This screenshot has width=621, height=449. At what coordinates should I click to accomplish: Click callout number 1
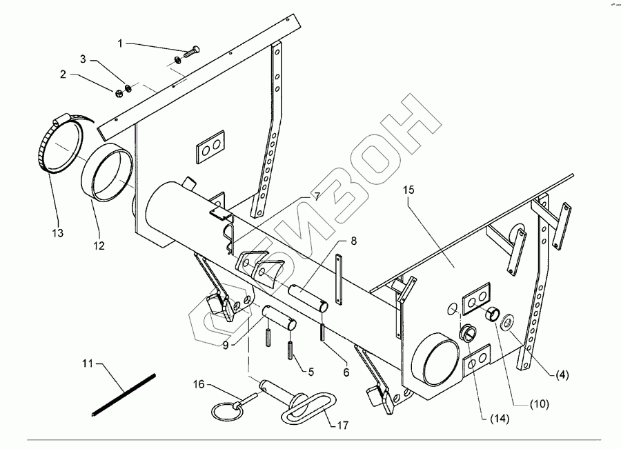[120, 43]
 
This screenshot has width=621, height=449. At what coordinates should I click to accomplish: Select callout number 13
[57, 234]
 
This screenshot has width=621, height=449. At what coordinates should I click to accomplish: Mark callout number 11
[86, 363]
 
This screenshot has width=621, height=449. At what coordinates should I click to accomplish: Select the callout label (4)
[563, 375]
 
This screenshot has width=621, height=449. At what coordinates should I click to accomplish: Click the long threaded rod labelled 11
[124, 394]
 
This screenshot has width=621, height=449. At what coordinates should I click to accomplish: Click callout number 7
[316, 197]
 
